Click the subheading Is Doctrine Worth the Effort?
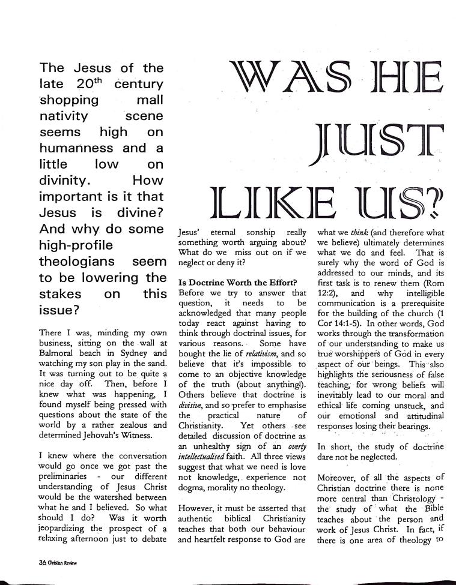(237, 282)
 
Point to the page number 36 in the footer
(26, 563)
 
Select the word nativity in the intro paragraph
(64, 115)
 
